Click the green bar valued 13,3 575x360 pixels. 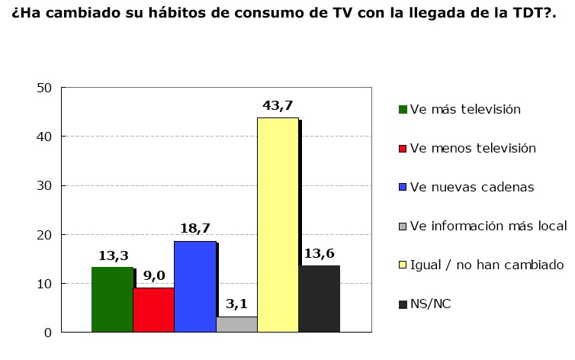pos(112,300)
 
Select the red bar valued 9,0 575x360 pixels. pos(153,310)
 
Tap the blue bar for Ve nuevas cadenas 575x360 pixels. pos(194,286)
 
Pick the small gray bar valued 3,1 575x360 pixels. pos(236,325)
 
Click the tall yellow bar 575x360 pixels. pos(278,225)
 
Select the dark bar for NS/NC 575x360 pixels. pos(319,298)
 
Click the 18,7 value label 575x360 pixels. pos(195,229)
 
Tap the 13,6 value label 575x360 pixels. pos(320,254)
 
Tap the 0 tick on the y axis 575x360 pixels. pos(47,333)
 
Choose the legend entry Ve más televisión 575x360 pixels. pos(465,109)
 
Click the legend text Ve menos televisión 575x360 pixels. pos(473,148)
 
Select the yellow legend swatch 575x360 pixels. pos(403,265)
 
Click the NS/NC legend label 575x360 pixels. pos(430,304)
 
